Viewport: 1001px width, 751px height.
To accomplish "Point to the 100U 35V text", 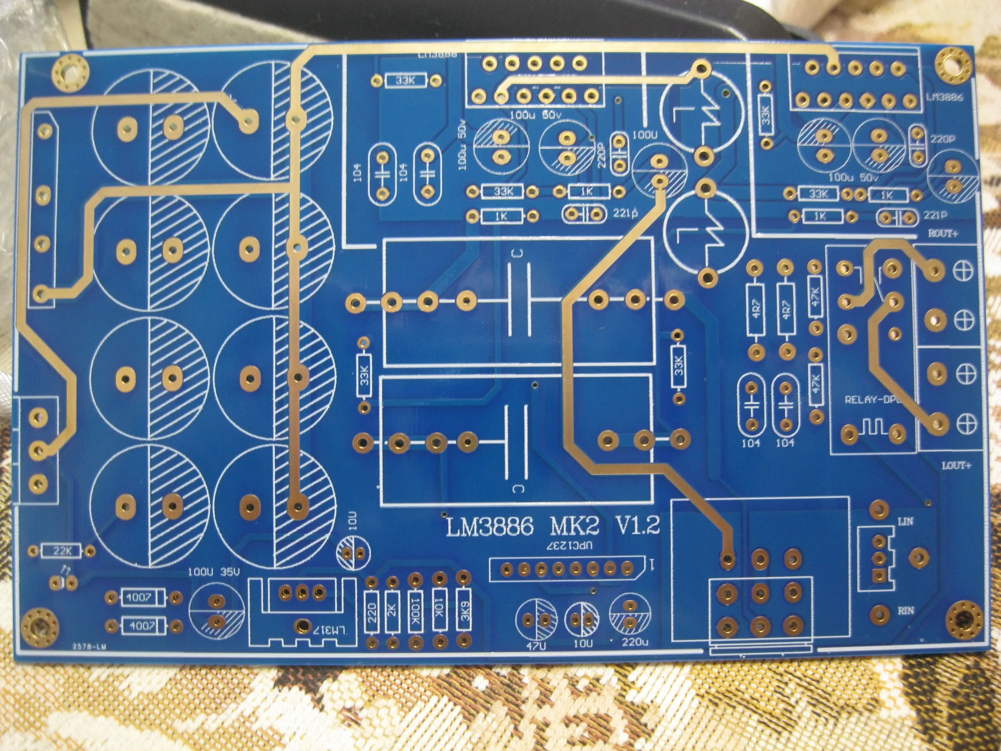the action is pos(214,572).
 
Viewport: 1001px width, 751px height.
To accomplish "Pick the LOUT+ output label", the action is pos(956,466).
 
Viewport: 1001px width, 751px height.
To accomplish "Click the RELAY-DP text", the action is pos(871,400).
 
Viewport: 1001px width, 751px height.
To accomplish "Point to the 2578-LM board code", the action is pos(89,647).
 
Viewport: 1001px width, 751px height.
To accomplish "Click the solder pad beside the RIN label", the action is pos(880,613).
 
